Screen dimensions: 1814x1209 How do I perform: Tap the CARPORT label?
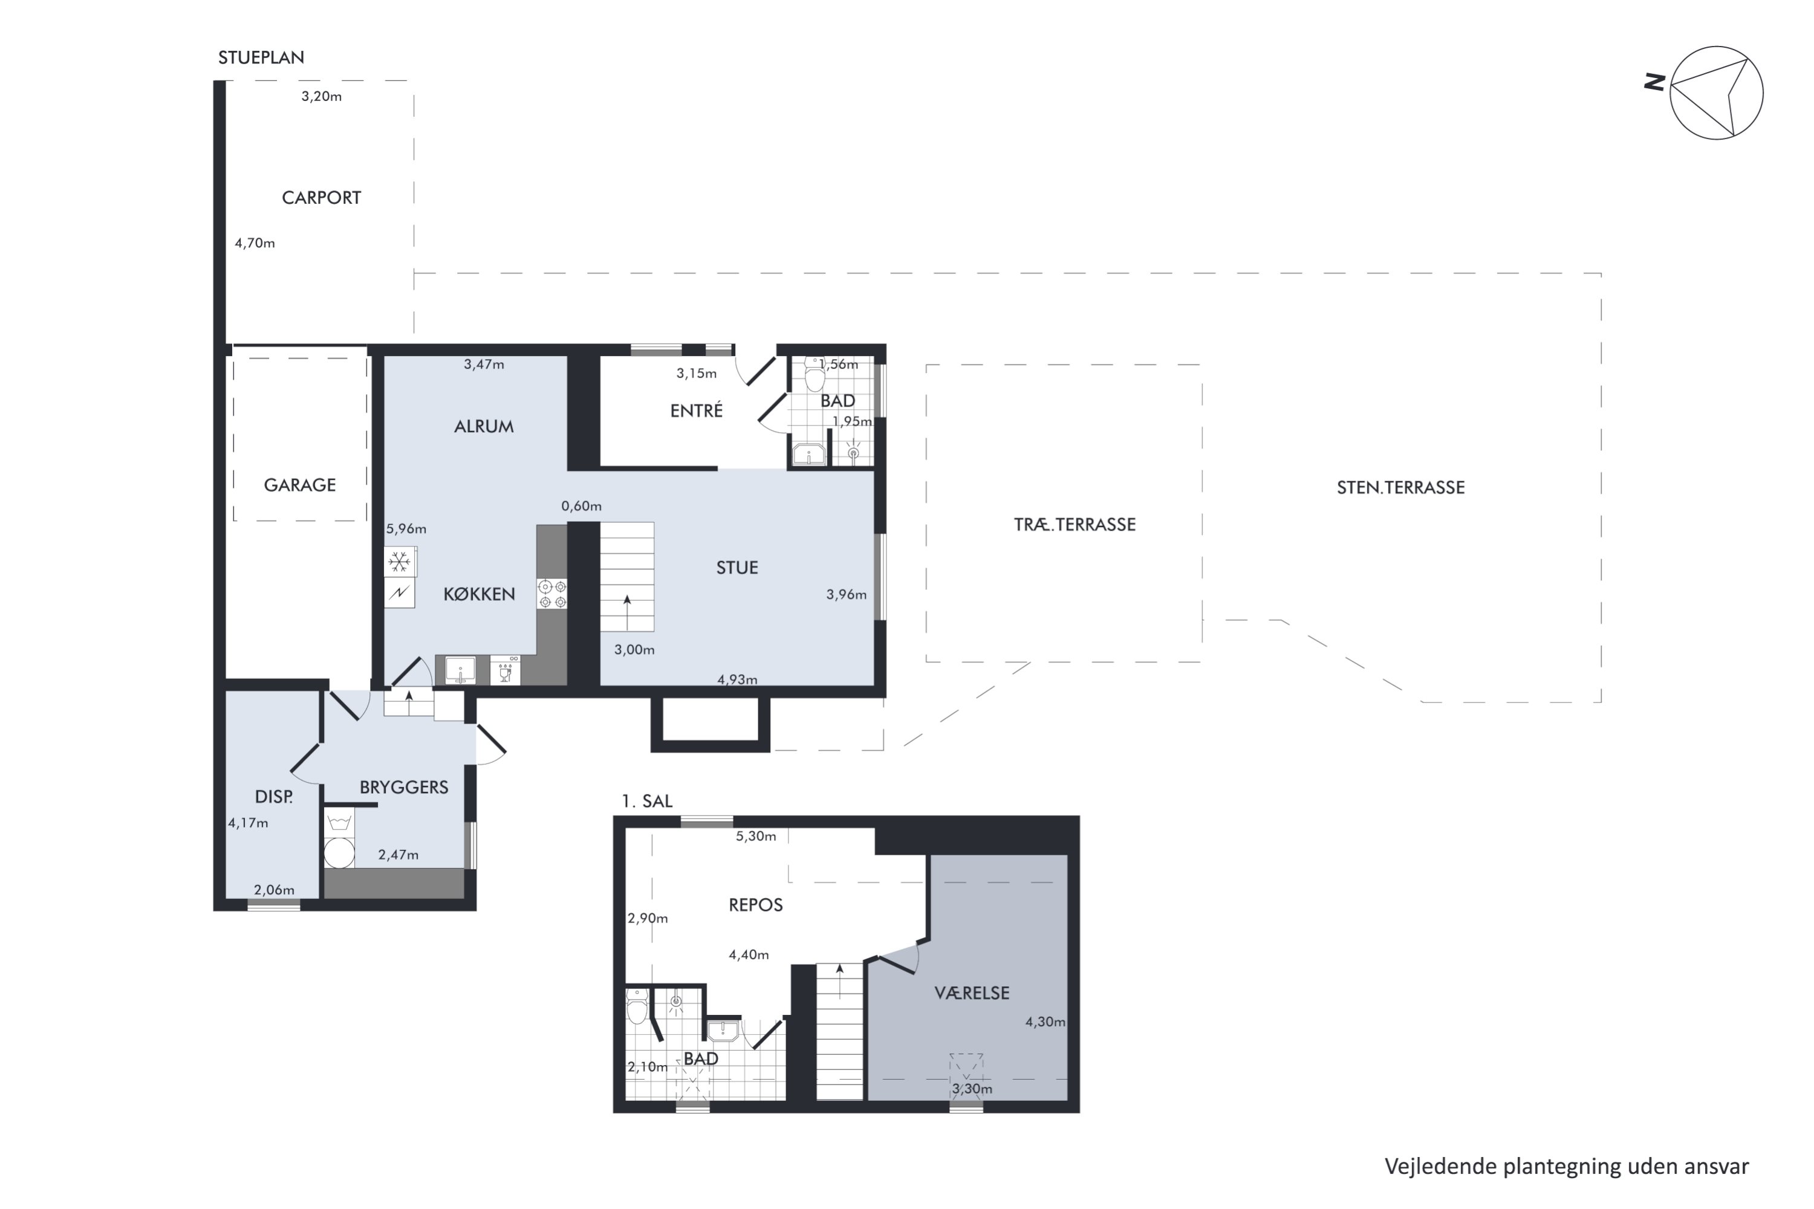[321, 198]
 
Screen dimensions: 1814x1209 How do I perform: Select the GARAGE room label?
[300, 485]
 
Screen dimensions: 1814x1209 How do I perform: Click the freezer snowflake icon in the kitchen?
[400, 562]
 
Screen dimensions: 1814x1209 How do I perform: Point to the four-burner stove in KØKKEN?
[552, 594]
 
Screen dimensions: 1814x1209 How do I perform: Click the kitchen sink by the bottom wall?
[460, 670]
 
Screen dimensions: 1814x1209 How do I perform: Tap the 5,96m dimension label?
[406, 529]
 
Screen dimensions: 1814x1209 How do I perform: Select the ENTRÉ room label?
[697, 411]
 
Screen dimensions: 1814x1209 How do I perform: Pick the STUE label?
[737, 568]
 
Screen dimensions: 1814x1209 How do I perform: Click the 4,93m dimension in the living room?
[737, 679]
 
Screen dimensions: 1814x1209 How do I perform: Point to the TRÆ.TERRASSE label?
[1074, 524]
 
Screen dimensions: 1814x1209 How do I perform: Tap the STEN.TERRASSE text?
[1400, 487]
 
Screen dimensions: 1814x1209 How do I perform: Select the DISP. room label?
[274, 797]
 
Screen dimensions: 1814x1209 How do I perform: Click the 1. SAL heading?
[647, 801]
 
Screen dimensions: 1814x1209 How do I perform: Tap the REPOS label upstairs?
[756, 904]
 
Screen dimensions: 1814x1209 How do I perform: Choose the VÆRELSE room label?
[972, 993]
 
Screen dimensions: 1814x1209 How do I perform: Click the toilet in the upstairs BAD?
[637, 1006]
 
